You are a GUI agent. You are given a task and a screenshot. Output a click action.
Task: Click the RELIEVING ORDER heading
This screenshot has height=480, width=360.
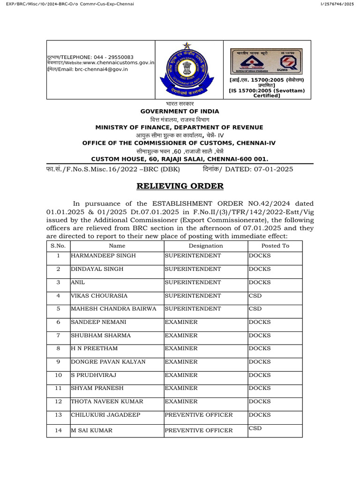pos(180,186)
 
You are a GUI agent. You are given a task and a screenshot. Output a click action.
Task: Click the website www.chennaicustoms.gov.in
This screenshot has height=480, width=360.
pos(119,62)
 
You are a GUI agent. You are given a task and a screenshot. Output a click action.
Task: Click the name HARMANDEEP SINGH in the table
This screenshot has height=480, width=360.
pos(103,255)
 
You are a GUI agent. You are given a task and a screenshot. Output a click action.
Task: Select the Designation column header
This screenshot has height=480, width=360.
pos(206,246)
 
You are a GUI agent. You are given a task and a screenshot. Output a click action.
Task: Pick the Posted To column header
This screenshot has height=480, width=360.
pos(275,246)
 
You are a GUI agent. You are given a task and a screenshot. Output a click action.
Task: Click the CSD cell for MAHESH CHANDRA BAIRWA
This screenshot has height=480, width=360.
pos(255,309)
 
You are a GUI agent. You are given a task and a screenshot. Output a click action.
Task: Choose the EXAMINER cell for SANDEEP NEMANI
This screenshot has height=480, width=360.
pos(181,322)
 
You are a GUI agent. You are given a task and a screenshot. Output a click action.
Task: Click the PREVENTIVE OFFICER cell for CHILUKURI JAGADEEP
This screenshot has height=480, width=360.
pos(198,415)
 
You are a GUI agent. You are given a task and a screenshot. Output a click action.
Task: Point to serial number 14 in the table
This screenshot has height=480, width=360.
pos(59,430)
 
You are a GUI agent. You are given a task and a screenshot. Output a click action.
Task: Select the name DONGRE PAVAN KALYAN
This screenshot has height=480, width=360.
pos(108,362)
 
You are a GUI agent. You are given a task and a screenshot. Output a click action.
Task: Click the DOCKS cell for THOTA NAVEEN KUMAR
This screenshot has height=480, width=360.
pos(260,402)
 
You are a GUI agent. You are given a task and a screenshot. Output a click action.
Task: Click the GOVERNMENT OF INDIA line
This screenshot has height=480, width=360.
pos(180,111)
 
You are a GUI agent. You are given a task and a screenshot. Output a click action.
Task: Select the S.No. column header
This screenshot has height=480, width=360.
pos(59,246)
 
